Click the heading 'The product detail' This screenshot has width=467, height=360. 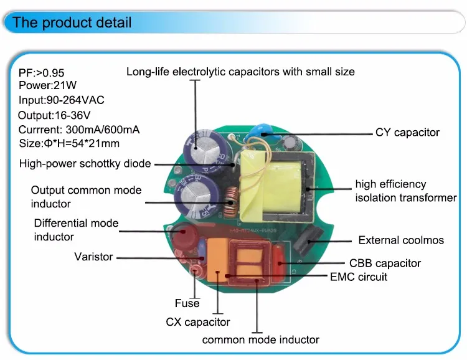(72, 23)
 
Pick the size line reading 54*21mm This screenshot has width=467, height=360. (70, 143)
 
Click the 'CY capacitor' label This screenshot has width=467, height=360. (407, 132)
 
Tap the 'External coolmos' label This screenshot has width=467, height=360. (400, 240)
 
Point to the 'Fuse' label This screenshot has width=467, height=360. (187, 303)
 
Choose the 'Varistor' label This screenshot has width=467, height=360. (93, 257)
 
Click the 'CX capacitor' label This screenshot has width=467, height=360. (198, 322)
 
